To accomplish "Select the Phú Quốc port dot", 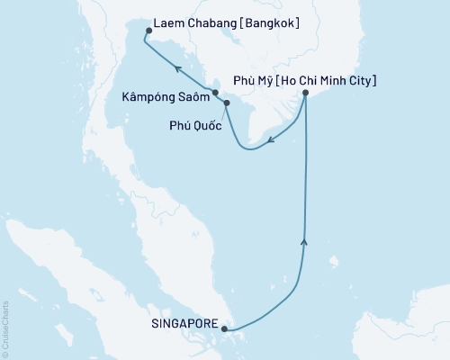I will pyautogui.click(x=226, y=103).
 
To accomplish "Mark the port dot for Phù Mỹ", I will pyautogui.click(x=306, y=93).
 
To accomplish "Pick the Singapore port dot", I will pyautogui.click(x=225, y=328).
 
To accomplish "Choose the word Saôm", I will pyautogui.click(x=192, y=93).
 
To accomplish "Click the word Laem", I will pyautogui.click(x=168, y=21).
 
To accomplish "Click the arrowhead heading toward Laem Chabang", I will pyautogui.click(x=179, y=67).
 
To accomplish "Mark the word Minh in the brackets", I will pyautogui.click(x=328, y=81).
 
